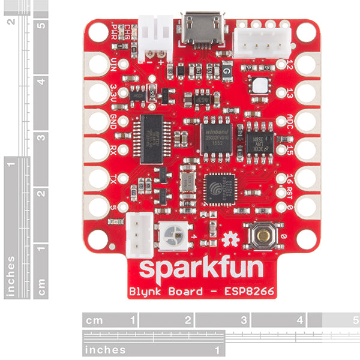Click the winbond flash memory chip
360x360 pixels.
point(216,140)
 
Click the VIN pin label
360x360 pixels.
point(115,64)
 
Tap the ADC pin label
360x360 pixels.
point(290,121)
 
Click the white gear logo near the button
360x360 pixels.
point(230,240)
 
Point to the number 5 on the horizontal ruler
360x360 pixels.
point(355,320)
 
